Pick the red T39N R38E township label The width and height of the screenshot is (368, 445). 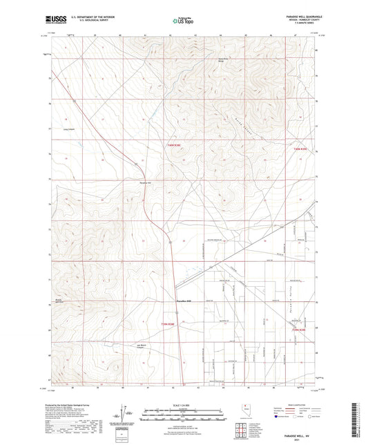pyautogui.click(x=170, y=323)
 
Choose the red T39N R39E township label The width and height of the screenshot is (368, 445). pyautogui.click(x=298, y=330)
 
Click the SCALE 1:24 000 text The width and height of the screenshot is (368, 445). pyautogui.click(x=183, y=406)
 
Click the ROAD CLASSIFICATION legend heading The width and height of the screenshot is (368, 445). pyautogui.click(x=298, y=404)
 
